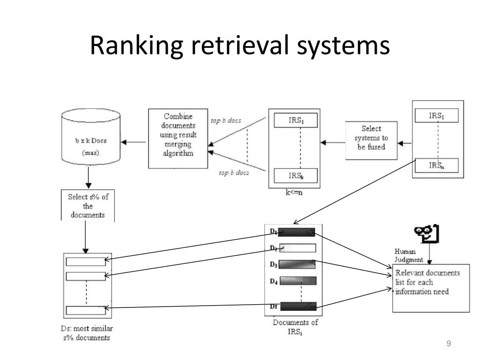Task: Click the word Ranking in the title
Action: coord(136,45)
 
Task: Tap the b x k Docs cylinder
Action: coord(91,137)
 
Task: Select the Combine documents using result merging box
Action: coord(178,138)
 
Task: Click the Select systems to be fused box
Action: coord(371,141)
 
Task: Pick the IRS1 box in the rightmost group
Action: coord(436,115)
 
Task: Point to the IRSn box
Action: coord(436,165)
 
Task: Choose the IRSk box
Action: coord(296,176)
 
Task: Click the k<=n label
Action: coord(294,193)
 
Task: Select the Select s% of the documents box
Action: coord(88,205)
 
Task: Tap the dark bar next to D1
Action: coord(296,232)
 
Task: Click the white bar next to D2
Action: coord(298,248)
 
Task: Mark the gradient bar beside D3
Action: coord(297,264)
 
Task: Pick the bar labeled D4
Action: coord(298,280)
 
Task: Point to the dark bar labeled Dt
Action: coord(298,306)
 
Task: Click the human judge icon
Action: coord(427,234)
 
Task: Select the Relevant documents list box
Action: coord(431,288)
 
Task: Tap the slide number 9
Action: coord(449,344)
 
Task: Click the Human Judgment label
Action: coord(408,255)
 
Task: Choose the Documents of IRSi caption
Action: coord(295,327)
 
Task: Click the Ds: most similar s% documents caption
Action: coord(87,333)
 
